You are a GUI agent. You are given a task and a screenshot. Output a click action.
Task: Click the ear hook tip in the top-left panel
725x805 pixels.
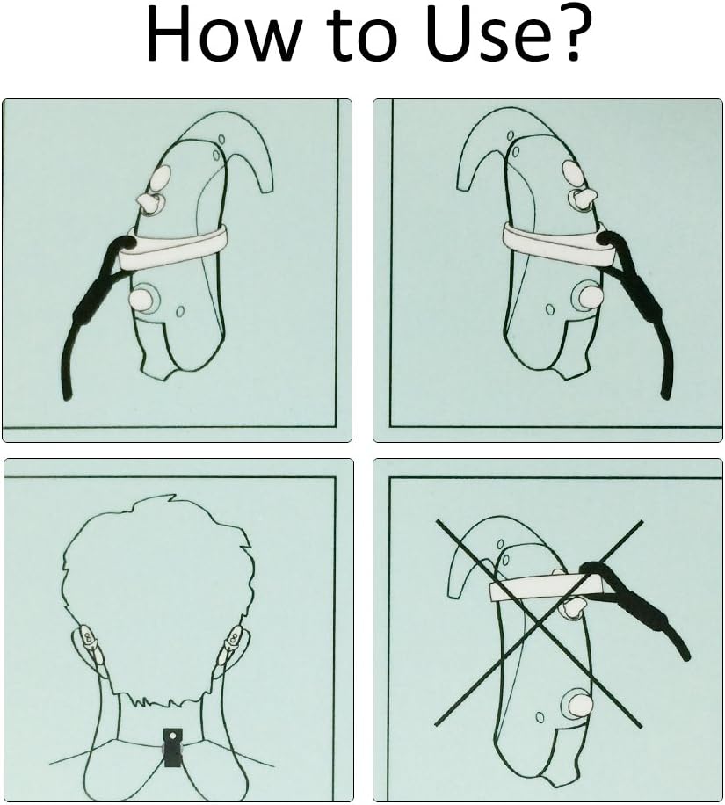(x=267, y=189)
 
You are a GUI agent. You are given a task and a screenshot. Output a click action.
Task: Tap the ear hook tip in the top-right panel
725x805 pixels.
(x=464, y=188)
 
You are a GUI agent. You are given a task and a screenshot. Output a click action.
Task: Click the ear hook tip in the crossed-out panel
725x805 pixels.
(x=455, y=593)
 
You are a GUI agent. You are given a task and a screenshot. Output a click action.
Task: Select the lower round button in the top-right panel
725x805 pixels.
(x=586, y=296)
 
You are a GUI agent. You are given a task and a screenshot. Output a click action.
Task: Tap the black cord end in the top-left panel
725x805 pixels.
(x=66, y=395)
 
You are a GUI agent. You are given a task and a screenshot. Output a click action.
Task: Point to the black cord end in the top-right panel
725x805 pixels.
(x=665, y=395)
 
